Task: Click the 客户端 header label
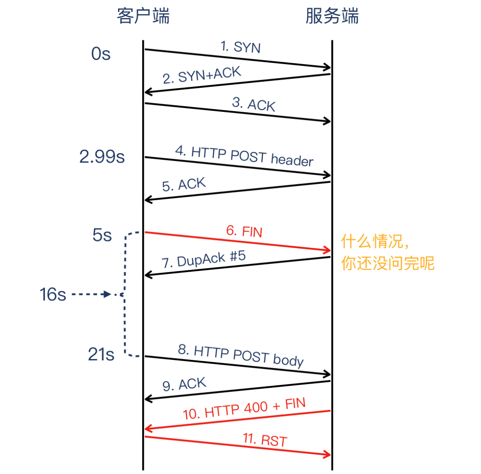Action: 143,17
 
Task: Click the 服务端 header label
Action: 332,17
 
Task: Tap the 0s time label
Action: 101,55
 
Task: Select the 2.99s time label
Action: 102,157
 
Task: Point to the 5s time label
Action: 102,236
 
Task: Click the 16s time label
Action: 52,295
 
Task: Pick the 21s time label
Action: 101,355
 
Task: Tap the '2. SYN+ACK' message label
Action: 202,75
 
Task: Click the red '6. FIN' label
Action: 244,231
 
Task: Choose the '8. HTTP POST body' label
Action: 241,355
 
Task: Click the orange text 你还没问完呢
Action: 388,264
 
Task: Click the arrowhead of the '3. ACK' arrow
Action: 327,121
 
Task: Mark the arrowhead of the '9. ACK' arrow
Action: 148,399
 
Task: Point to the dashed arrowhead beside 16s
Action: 106,294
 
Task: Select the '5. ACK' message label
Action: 184,184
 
